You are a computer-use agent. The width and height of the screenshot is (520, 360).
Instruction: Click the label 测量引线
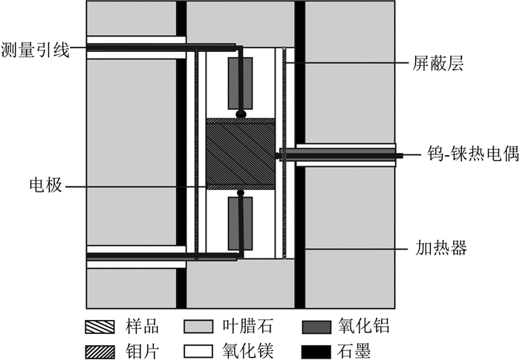(x=35, y=49)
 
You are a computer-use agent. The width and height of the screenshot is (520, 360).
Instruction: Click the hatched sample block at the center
(x=240, y=154)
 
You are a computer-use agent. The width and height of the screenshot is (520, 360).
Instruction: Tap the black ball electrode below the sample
(x=240, y=194)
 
